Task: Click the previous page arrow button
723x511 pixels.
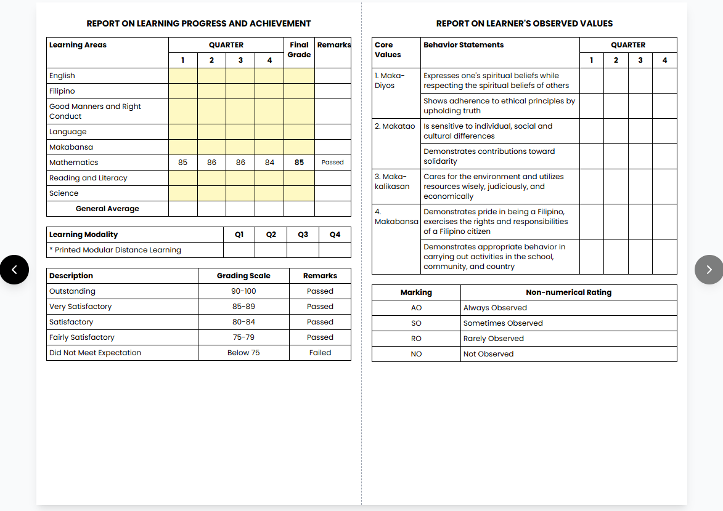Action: tap(14, 270)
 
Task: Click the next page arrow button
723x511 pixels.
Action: tap(709, 270)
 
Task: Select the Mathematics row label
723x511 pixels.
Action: tap(74, 163)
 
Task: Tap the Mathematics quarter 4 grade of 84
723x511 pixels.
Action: tap(269, 163)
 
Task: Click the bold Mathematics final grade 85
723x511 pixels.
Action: tap(299, 163)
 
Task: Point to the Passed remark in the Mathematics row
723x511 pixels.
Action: tap(333, 163)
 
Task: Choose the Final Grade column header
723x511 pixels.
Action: tap(299, 50)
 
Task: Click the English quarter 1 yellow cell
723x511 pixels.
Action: tap(183, 76)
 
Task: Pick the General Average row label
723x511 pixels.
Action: tap(107, 209)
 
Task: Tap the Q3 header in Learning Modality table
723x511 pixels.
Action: tap(303, 235)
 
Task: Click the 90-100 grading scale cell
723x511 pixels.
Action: tap(243, 291)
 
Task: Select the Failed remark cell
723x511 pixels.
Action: tap(320, 353)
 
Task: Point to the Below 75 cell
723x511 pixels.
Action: tap(243, 353)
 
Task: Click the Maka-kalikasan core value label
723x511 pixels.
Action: tap(392, 182)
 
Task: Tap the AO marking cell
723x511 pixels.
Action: tap(416, 308)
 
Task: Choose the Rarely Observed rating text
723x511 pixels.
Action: tap(494, 339)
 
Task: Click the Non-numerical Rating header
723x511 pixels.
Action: tap(568, 292)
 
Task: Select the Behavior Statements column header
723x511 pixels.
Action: tap(464, 45)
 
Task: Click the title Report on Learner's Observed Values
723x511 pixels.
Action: tap(524, 23)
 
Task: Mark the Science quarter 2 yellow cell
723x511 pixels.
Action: tap(211, 193)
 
